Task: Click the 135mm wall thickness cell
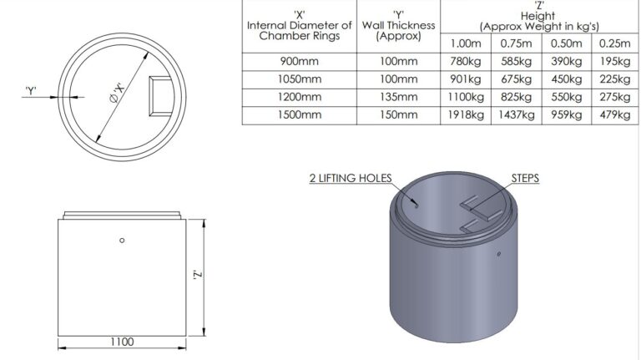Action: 398,97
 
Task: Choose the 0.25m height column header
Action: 613,43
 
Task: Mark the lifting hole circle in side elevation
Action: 122,241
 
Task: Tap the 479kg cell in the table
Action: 613,114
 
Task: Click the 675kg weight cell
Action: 517,79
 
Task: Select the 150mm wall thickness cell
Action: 398,114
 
